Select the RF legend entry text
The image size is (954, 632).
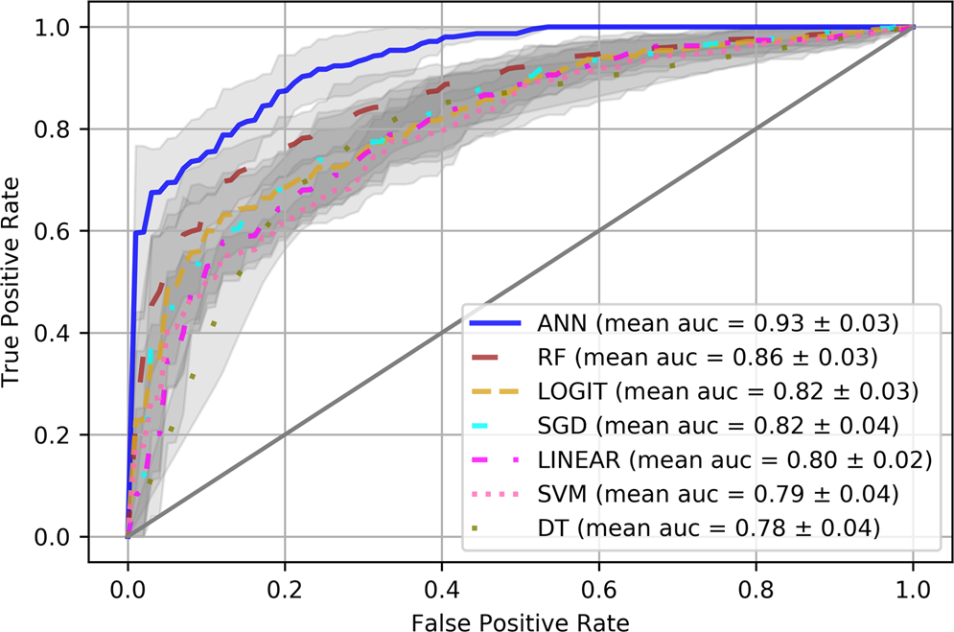click(x=709, y=359)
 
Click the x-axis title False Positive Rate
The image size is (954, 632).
click(x=521, y=622)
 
